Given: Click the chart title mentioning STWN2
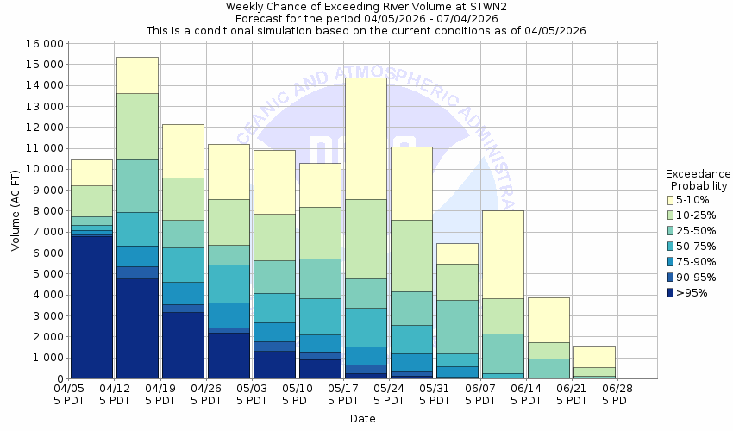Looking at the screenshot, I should coord(366,6).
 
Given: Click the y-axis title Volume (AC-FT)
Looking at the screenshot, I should coord(15,211).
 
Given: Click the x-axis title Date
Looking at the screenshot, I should coord(362,418).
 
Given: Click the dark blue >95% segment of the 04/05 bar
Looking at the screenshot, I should coord(91,306).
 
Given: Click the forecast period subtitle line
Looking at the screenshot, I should coord(366,18).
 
